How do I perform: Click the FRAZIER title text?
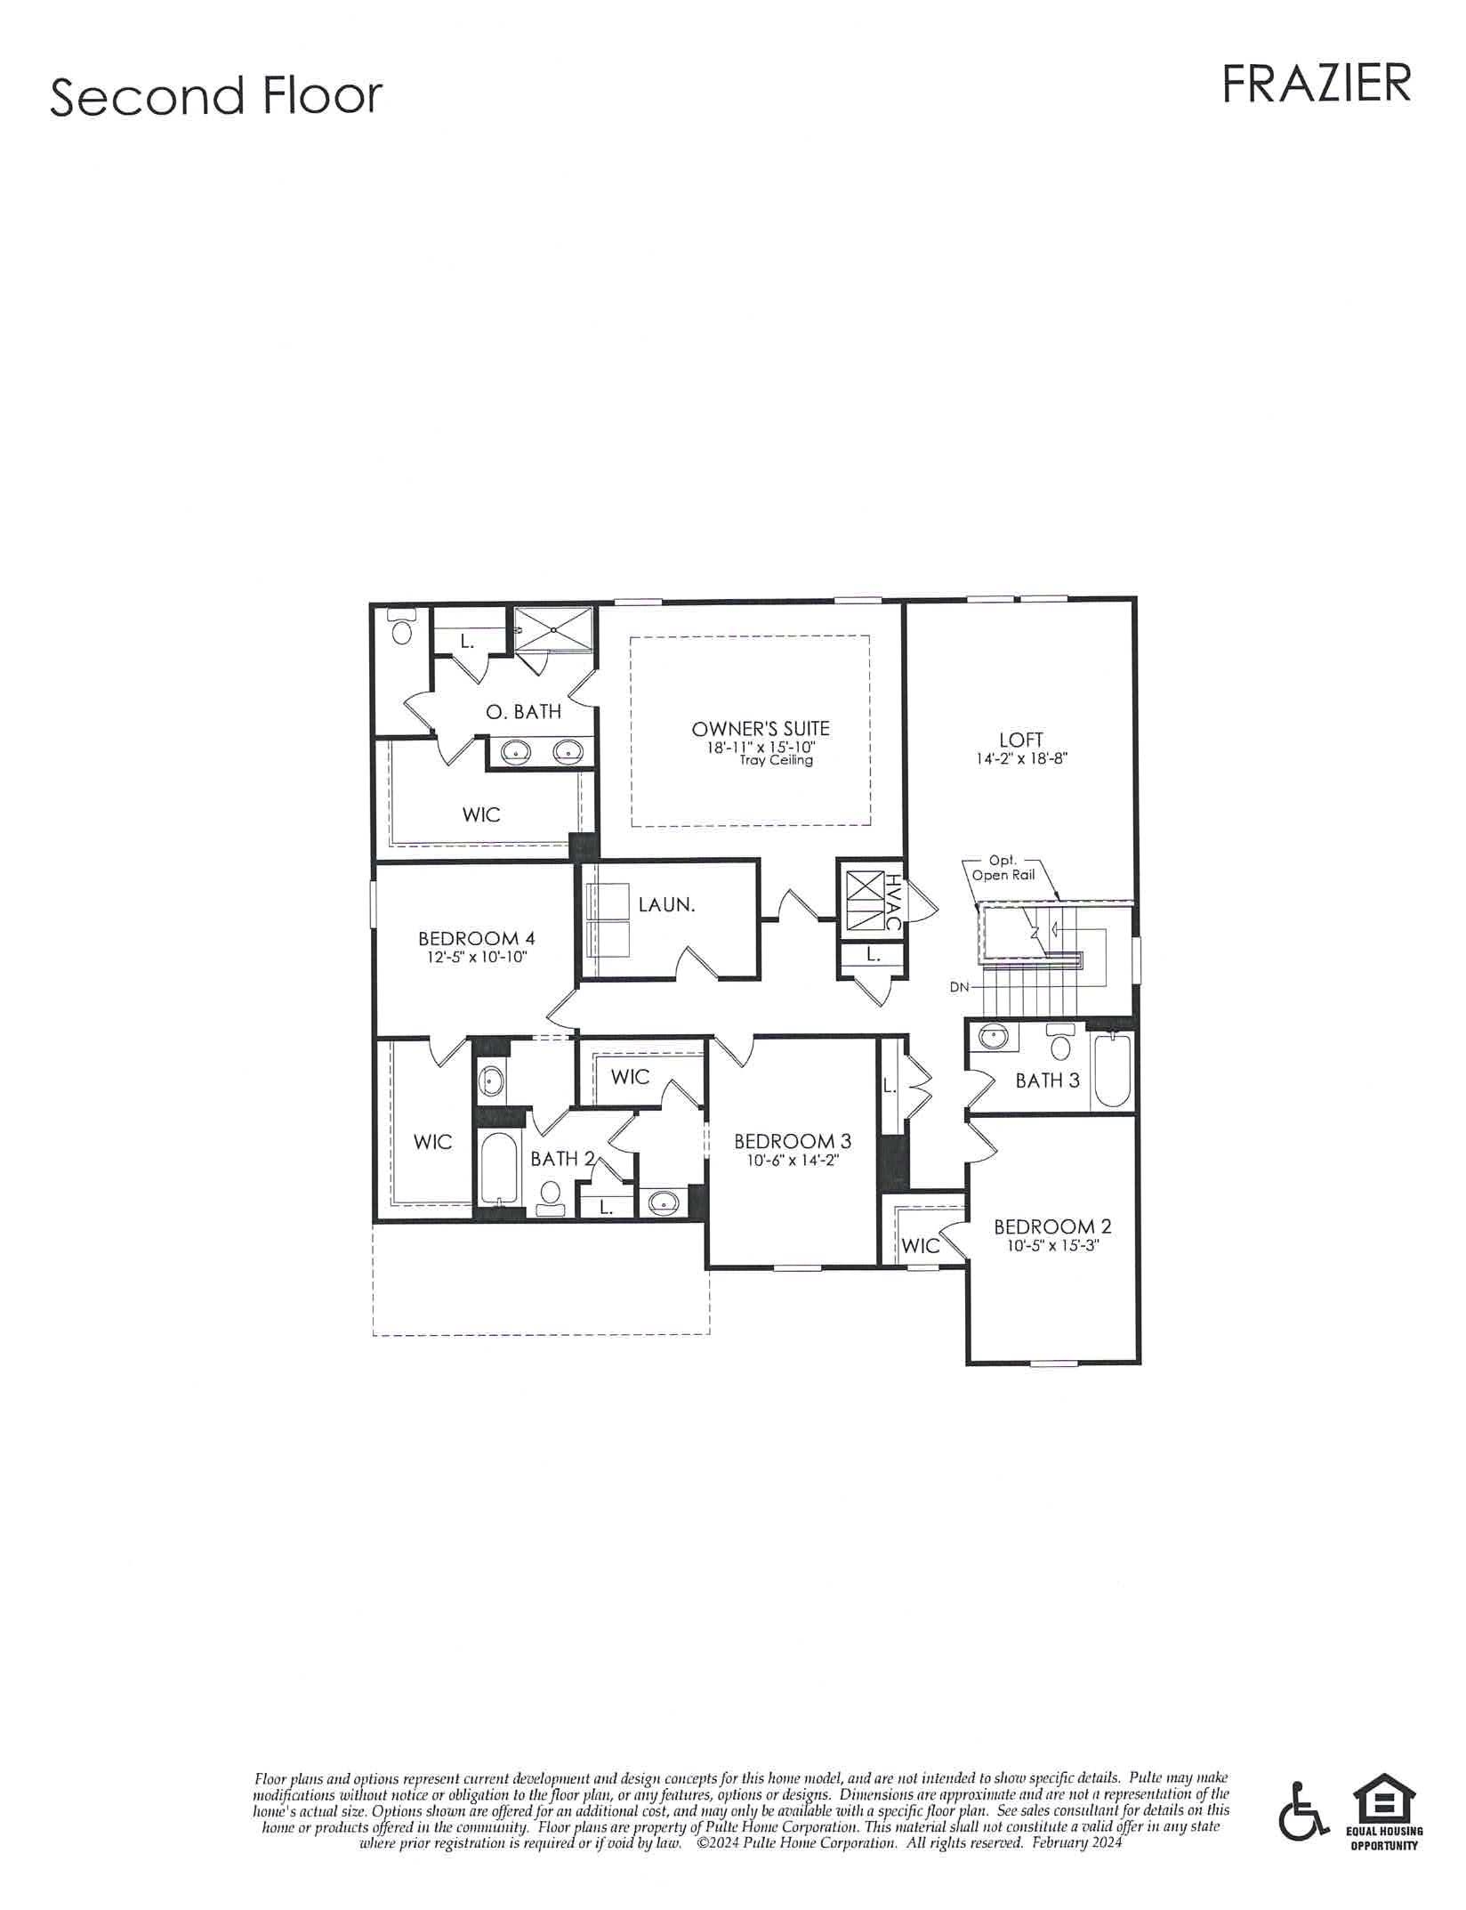1316,84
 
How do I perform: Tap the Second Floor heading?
216,96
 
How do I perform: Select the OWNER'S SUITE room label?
761,729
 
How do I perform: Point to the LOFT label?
1020,740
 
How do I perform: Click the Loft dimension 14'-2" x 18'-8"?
1021,759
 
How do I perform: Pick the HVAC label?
892,902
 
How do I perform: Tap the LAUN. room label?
666,905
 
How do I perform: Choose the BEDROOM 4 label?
477,938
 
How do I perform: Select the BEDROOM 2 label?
1052,1227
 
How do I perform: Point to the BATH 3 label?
1048,1080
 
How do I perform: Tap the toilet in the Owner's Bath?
404,627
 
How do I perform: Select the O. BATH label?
523,711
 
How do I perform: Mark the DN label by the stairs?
959,987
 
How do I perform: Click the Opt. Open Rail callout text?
1003,868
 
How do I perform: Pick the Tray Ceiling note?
776,760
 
